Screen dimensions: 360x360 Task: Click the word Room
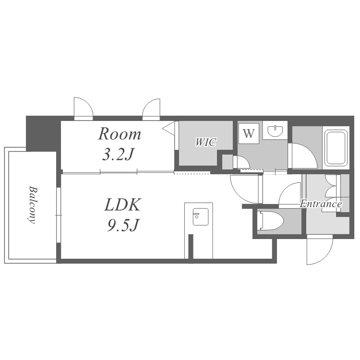point(120,134)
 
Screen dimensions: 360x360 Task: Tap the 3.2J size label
point(118,154)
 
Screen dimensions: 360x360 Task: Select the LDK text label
point(122,204)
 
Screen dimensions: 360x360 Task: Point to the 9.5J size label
point(122,225)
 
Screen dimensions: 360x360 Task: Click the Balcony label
point(33,204)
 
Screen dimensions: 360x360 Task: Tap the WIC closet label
point(206,142)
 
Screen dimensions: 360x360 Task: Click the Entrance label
point(321,204)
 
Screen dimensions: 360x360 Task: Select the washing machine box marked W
point(249,133)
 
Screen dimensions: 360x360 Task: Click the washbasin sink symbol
point(275,130)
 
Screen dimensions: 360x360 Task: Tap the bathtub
point(336,148)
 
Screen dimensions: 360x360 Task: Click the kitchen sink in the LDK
point(201,217)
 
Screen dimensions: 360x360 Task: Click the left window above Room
point(84,108)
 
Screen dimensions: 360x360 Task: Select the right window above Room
point(151,109)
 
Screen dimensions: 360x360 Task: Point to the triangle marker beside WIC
point(169,128)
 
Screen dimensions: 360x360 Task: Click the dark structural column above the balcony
point(43,133)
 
